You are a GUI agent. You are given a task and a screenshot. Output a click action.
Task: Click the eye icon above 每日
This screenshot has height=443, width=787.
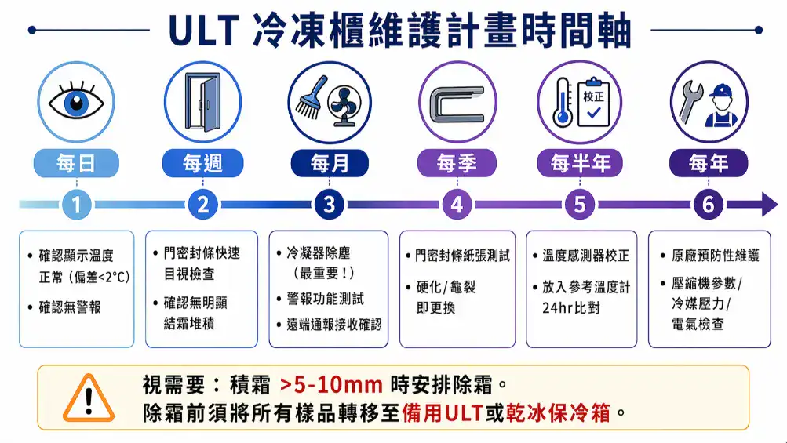(76, 103)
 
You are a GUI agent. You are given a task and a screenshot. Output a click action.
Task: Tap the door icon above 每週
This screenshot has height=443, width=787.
(202, 103)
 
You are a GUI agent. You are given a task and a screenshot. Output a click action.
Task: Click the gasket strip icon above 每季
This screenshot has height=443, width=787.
(456, 103)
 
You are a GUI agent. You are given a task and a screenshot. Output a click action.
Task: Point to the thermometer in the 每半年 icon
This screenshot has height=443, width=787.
(562, 103)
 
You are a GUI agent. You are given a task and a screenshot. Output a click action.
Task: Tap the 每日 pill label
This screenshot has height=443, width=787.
(76, 163)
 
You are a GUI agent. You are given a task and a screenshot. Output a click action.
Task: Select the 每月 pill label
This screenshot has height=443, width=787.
(330, 163)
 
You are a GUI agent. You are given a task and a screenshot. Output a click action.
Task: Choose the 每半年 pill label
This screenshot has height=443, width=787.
(581, 163)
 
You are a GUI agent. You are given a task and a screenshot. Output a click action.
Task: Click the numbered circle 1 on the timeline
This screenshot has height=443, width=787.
(76, 205)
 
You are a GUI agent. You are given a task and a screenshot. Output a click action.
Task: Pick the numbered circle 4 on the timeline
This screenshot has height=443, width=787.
(457, 205)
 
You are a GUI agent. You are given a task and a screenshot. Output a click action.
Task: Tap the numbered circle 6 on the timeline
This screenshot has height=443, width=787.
(708, 205)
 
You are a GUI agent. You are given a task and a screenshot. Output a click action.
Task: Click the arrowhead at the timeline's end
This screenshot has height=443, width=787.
(764, 205)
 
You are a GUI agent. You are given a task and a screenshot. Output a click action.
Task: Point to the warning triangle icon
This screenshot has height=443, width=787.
(88, 398)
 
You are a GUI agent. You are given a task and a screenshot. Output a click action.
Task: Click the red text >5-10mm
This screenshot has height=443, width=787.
(330, 385)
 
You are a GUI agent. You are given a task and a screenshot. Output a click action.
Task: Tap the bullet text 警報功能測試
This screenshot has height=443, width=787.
(325, 299)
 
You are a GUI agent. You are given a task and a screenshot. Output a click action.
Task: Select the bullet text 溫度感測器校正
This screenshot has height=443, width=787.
(585, 256)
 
